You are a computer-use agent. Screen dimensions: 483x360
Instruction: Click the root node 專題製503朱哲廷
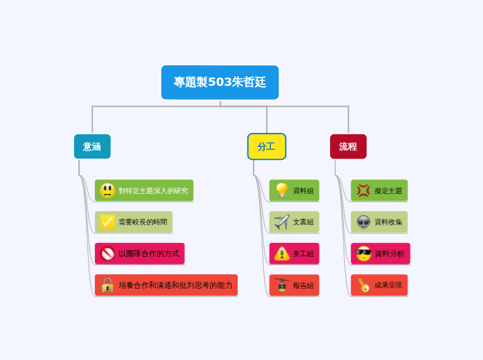220,82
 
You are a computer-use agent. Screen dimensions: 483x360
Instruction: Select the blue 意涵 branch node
92,147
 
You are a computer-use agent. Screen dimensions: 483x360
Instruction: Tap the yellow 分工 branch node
266,147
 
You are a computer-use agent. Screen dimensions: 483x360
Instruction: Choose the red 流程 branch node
348,147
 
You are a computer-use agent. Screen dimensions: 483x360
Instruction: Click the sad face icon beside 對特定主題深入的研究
107,190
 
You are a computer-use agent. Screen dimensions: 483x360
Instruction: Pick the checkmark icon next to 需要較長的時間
107,222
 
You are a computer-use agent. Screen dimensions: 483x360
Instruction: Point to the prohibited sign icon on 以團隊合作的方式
107,253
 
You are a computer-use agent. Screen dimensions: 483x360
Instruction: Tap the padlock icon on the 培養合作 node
107,285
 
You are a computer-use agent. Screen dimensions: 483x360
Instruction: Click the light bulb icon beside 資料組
281,190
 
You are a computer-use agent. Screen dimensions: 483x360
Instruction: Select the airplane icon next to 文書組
281,222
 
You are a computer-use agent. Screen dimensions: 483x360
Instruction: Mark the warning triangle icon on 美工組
281,253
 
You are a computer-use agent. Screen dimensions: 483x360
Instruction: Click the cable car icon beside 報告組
281,285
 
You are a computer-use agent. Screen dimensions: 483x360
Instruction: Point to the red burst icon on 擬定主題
363,190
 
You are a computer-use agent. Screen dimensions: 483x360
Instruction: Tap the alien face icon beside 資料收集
363,222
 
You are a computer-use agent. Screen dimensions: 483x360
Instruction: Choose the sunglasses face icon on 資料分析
363,253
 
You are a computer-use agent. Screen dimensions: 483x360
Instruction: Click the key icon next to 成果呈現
363,285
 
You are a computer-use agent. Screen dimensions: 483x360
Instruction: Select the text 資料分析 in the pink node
389,254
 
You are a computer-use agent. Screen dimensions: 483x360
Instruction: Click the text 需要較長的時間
143,222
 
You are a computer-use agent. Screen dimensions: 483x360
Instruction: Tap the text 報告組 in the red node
303,285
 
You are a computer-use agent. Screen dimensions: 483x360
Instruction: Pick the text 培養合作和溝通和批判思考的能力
175,285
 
